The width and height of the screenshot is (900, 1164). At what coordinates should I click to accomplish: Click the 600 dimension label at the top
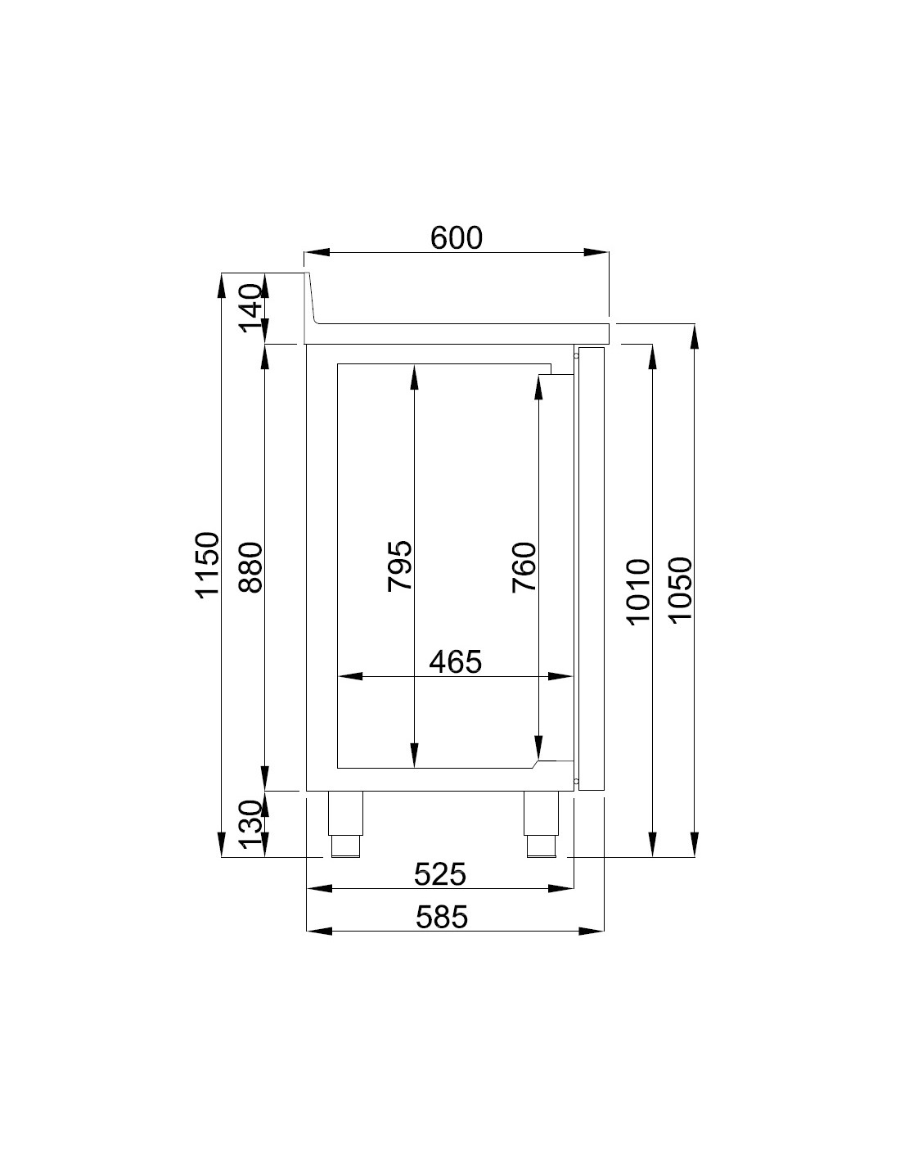click(x=457, y=238)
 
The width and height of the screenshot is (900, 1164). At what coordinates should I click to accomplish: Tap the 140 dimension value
click(x=251, y=308)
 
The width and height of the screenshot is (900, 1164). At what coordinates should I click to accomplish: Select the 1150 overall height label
click(x=207, y=565)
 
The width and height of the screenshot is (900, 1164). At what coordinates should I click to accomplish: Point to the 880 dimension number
click(x=250, y=568)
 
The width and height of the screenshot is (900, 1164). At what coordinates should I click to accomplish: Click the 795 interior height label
click(x=400, y=566)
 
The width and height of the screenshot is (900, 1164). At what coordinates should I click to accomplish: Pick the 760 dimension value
click(x=524, y=567)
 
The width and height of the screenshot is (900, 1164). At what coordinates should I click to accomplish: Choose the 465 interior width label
click(x=456, y=661)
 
